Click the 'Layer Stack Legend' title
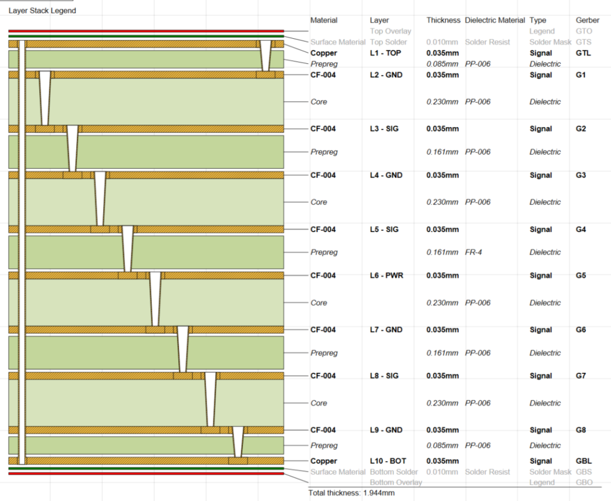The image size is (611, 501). (x=42, y=11)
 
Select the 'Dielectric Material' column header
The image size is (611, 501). (x=495, y=20)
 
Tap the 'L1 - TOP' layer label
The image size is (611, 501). (x=385, y=53)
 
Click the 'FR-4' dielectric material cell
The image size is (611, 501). (x=473, y=252)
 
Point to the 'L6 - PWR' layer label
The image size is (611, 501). (x=387, y=276)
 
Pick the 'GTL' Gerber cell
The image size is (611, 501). (x=584, y=53)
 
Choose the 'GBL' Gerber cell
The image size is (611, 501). (x=584, y=461)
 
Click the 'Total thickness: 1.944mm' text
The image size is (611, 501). (x=351, y=493)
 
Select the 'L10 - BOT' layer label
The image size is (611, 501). (x=388, y=461)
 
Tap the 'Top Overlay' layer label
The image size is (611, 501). (x=390, y=31)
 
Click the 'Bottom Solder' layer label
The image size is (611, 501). (x=394, y=472)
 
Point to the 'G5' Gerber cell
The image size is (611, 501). (x=581, y=276)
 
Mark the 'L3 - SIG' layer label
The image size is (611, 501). (x=384, y=129)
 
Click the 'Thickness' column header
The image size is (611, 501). (x=443, y=20)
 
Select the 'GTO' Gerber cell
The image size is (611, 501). (x=584, y=31)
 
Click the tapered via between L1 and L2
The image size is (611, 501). (x=266, y=55)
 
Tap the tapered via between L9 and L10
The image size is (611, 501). (x=238, y=442)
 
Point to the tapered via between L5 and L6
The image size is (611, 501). (x=128, y=249)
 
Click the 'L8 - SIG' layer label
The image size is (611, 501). (x=384, y=376)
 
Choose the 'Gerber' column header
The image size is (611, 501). (x=588, y=20)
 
